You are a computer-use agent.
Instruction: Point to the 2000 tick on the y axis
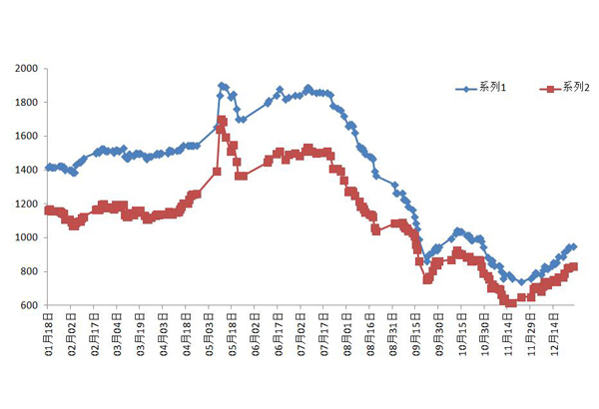point(26,69)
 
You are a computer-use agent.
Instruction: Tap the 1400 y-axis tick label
point(26,171)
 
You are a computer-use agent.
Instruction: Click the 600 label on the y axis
point(29,305)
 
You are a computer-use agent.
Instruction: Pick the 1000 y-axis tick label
point(26,237)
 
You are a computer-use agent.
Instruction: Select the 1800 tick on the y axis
point(26,103)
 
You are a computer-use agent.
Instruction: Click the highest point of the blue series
point(222,86)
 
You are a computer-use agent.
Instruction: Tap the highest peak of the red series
point(222,121)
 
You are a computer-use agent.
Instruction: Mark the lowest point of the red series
point(510,302)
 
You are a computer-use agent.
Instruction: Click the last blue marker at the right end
point(573,246)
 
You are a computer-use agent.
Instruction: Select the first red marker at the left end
point(48,209)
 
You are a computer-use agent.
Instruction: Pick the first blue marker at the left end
point(48,168)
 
